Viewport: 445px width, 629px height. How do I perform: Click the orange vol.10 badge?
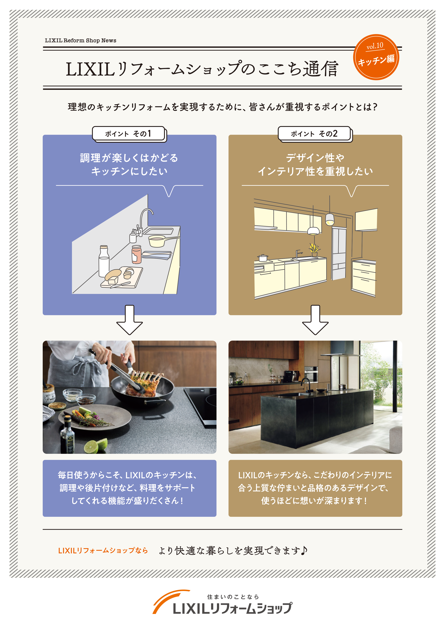(x=376, y=57)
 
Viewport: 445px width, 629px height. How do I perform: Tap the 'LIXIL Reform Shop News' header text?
(x=81, y=41)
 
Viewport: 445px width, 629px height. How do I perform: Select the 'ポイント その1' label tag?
(x=128, y=134)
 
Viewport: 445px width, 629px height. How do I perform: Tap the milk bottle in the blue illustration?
(x=104, y=261)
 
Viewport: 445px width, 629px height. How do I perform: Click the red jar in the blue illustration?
(x=137, y=254)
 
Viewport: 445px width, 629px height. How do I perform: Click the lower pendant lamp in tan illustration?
(x=313, y=231)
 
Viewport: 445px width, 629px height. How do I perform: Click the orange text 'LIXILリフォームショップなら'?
(x=103, y=551)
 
